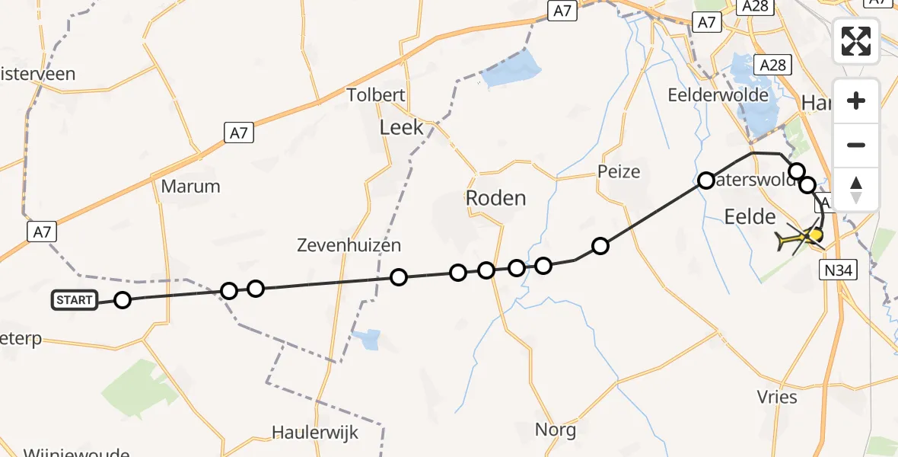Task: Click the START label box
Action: [75, 300]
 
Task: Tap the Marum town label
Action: [191, 186]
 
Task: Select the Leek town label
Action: [401, 127]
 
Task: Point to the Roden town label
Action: [495, 199]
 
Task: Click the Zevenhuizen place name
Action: [349, 245]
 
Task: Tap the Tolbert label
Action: [376, 95]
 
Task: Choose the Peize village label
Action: [619, 171]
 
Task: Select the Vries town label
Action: [777, 397]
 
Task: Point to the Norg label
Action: [556, 429]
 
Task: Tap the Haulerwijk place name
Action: [315, 432]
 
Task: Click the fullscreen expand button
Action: [856, 41]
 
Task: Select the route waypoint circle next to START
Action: [123, 300]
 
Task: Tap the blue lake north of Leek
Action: [511, 69]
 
